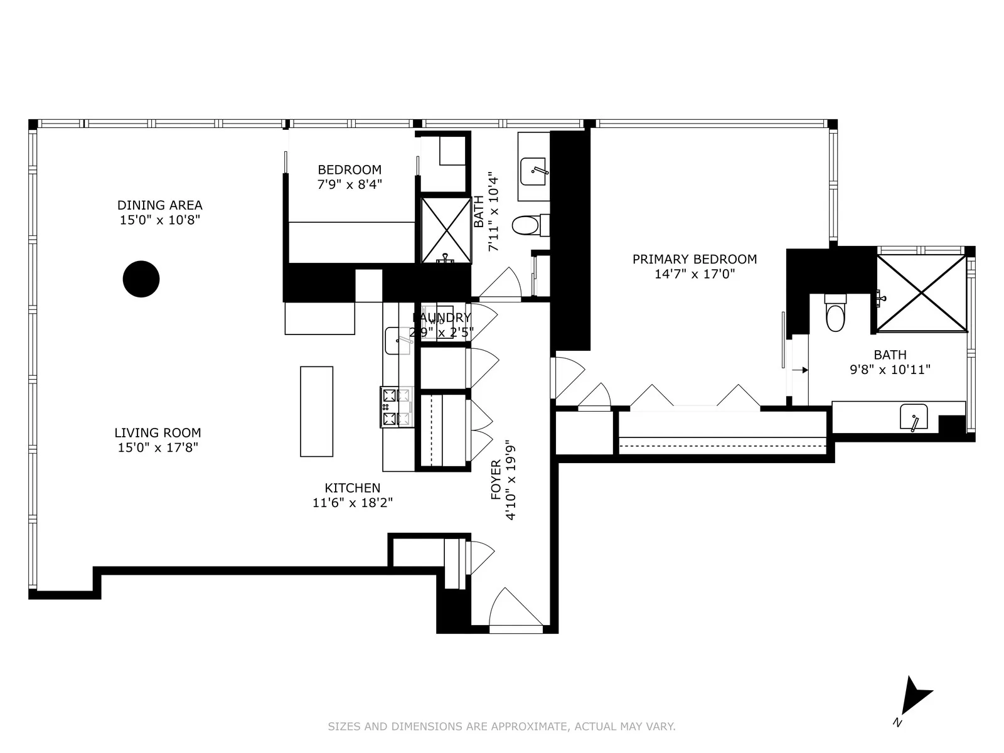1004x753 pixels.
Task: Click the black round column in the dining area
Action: (x=141, y=279)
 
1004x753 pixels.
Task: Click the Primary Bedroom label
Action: (x=694, y=259)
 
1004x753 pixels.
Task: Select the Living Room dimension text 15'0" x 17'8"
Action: (x=158, y=447)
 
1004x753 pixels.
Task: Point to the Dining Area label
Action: (x=159, y=205)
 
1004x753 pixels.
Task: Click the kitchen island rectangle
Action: (x=316, y=411)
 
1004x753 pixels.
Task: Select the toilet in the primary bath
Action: (x=836, y=314)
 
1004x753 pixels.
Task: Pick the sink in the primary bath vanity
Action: (x=914, y=417)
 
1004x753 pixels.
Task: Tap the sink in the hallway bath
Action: (x=534, y=171)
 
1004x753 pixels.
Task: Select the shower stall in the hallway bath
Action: (x=446, y=230)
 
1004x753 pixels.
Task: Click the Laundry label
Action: (x=441, y=318)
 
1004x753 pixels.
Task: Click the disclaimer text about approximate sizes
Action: (x=501, y=727)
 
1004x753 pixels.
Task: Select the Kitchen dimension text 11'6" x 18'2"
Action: (x=352, y=503)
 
